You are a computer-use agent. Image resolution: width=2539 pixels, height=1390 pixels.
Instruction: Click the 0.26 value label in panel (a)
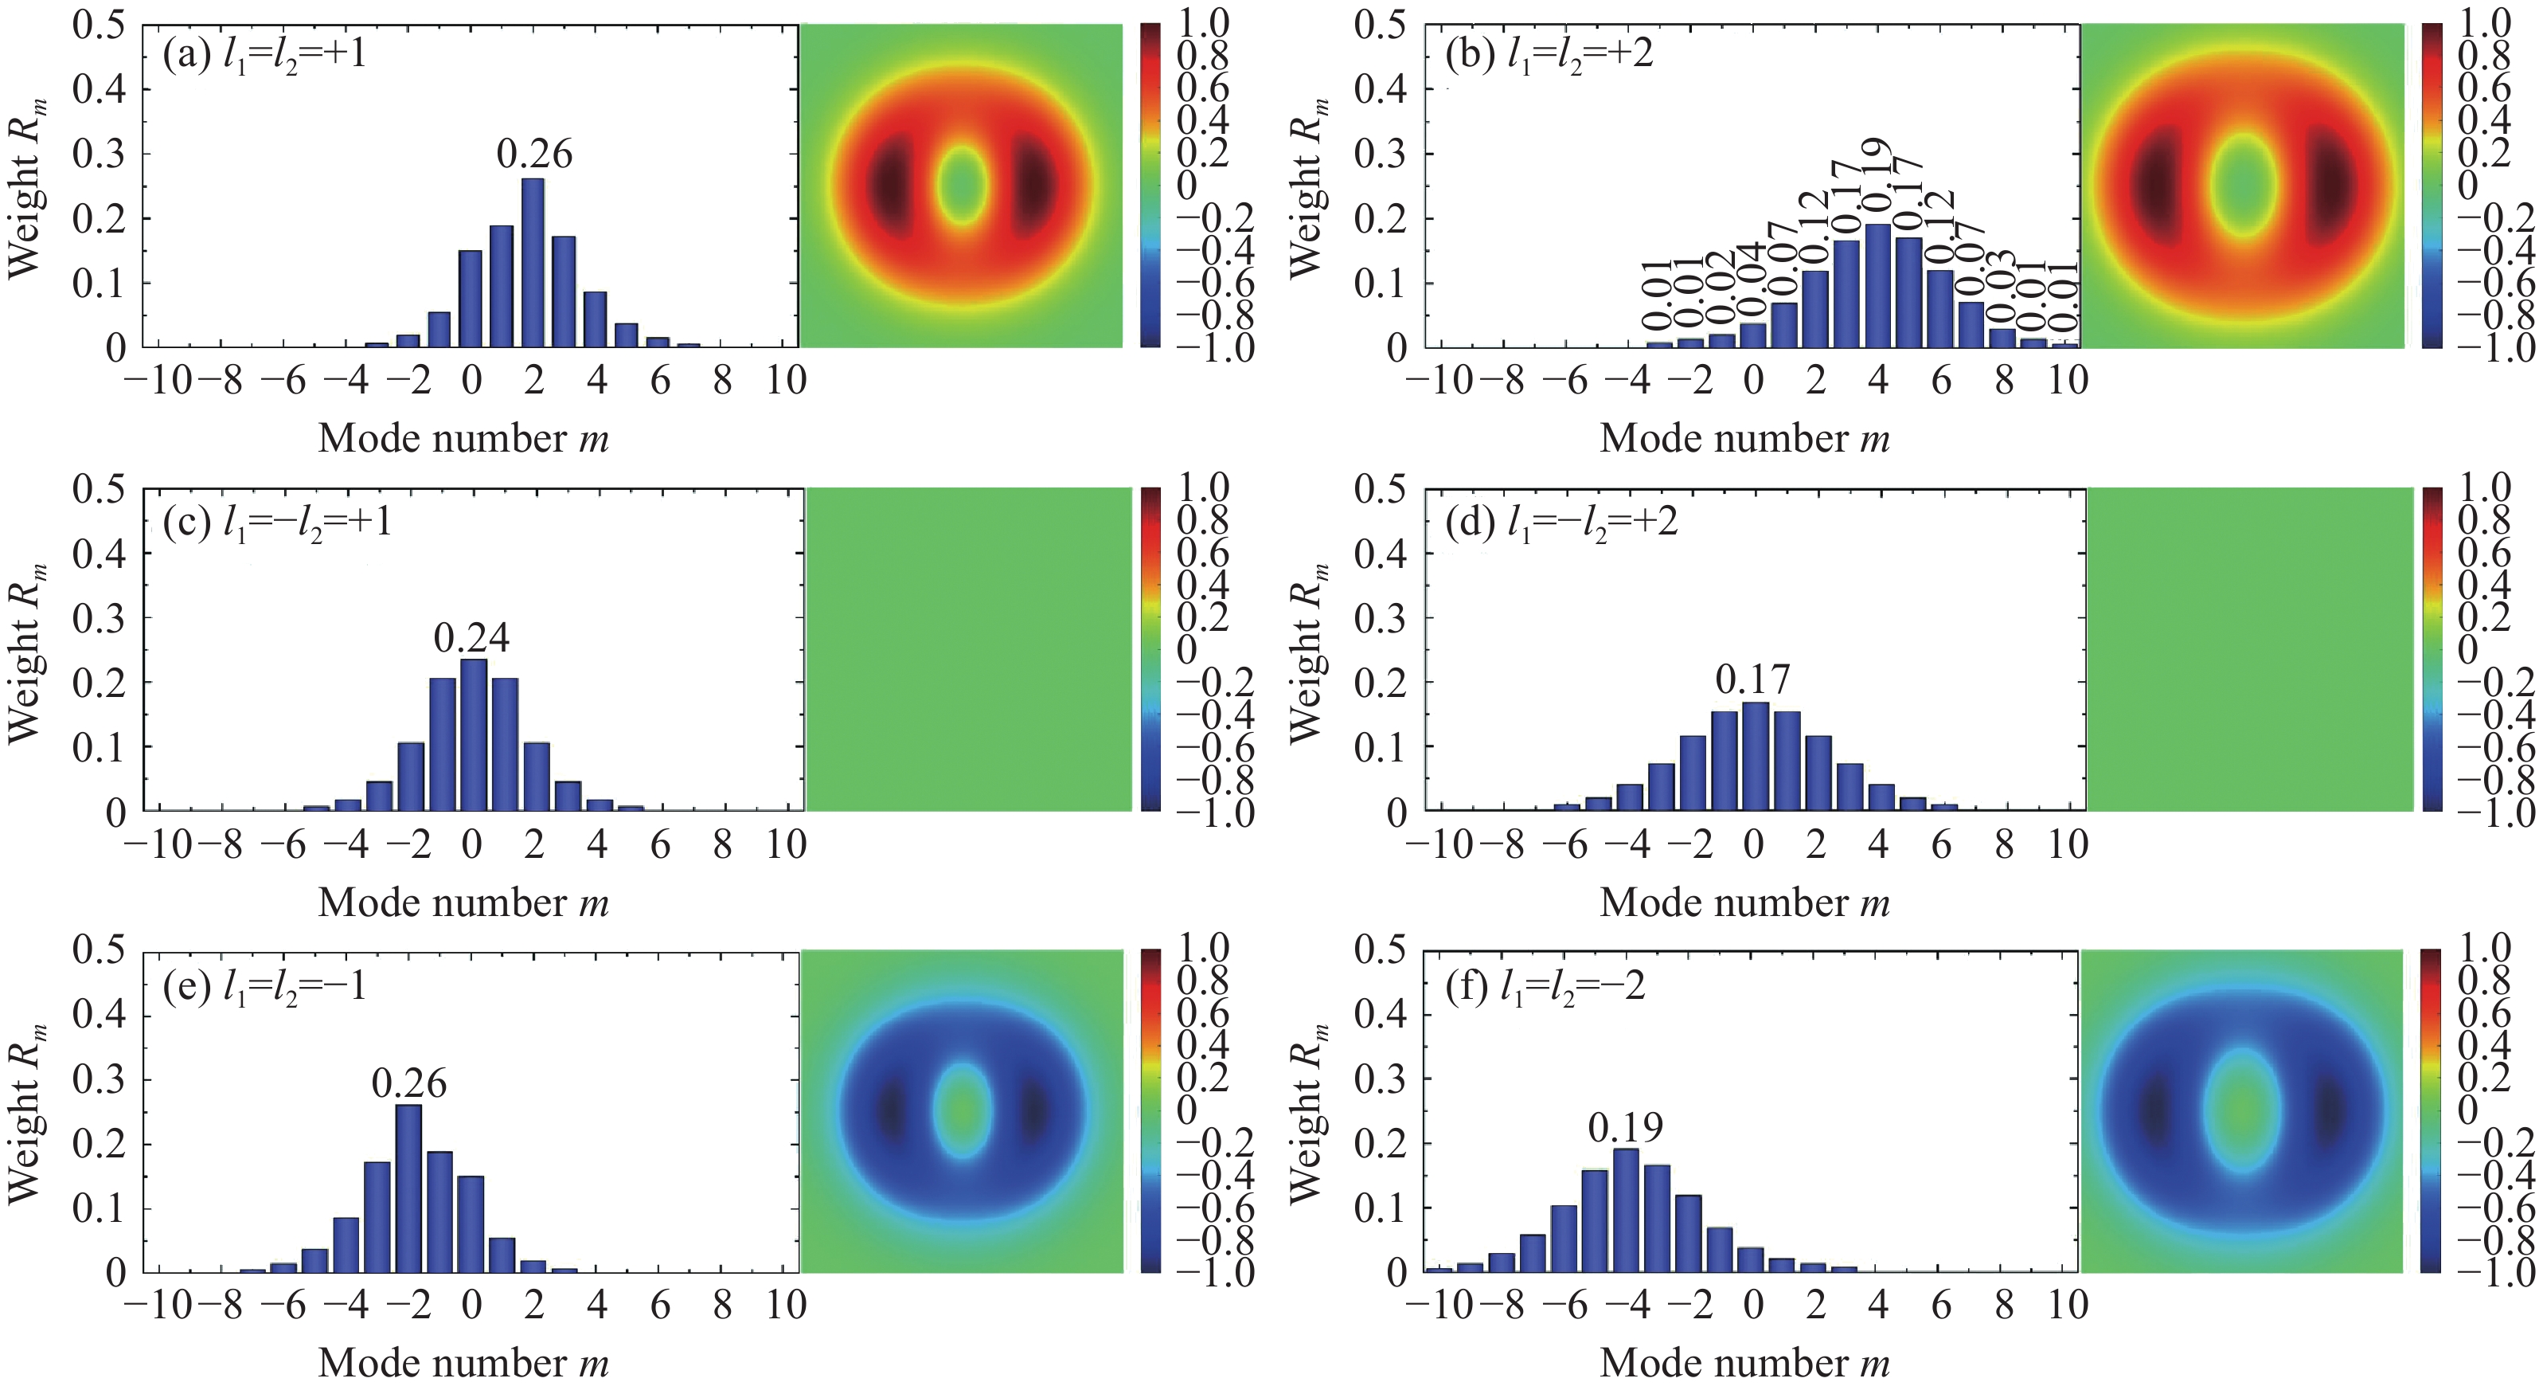(534, 154)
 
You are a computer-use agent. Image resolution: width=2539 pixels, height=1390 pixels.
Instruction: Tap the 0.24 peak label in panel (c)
(471, 638)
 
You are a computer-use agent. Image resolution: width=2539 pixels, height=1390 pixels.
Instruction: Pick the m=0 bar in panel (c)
(473, 735)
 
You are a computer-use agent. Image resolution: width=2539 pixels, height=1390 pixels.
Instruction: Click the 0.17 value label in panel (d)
(1752, 679)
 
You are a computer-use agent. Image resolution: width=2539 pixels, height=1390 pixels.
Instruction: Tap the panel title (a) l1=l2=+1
(265, 54)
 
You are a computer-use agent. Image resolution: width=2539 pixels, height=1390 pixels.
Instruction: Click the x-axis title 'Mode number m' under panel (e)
(463, 1364)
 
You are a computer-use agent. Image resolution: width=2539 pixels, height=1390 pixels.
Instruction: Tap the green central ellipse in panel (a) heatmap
(960, 186)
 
